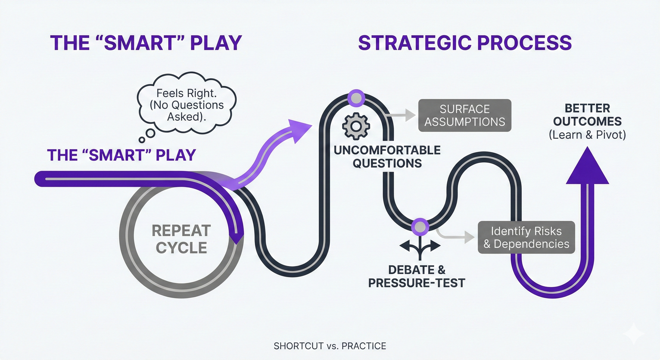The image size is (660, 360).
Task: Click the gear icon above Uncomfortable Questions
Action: click(356, 126)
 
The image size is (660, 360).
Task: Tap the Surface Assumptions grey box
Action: click(465, 116)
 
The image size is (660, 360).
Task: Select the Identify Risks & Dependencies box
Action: click(526, 237)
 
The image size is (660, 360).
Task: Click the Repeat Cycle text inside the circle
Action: click(181, 239)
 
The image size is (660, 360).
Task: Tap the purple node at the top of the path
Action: click(356, 98)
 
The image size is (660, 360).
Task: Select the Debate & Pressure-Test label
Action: click(416, 277)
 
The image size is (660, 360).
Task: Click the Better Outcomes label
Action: click(587, 115)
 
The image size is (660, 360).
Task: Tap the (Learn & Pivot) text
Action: click(587, 135)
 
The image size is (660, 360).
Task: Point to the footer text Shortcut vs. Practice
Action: click(330, 346)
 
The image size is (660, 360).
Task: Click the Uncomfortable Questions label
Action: click(387, 157)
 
